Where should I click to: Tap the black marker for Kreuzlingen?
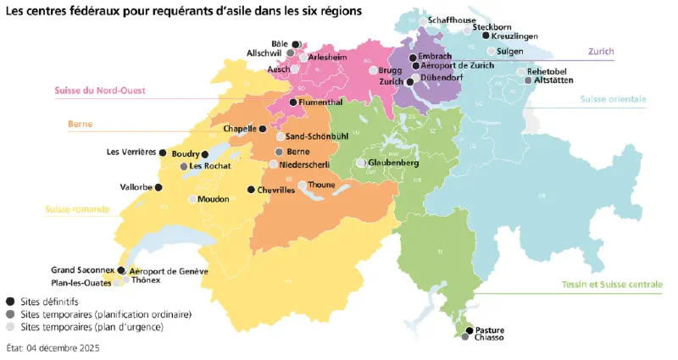486,36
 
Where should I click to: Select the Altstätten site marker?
529,80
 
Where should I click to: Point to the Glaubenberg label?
396,162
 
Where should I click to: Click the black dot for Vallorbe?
158,187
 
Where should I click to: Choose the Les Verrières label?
131,152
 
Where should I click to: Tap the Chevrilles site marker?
251,190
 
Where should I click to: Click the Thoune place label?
322,184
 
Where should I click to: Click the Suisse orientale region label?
613,99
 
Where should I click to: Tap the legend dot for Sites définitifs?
9,301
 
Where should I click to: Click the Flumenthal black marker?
292,102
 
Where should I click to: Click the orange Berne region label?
80,124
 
